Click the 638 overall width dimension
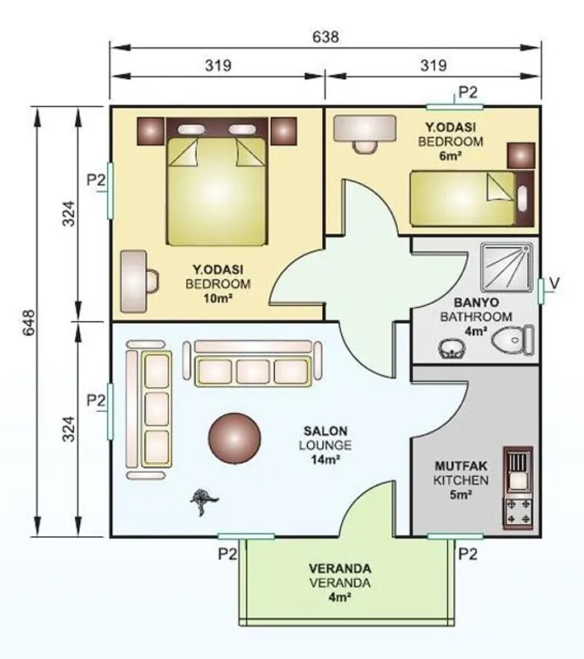click(325, 37)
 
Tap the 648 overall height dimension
click(29, 323)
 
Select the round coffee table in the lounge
click(235, 438)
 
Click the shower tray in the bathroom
click(507, 267)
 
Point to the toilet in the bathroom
click(512, 340)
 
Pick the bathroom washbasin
click(451, 348)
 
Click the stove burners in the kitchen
click(519, 512)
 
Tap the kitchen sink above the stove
click(519, 470)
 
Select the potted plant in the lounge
click(204, 501)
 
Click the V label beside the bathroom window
click(554, 283)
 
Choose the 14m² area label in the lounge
click(325, 460)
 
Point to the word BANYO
click(476, 302)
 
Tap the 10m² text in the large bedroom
click(218, 298)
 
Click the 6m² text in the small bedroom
click(451, 156)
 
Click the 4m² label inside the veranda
click(340, 597)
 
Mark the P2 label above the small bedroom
click(468, 92)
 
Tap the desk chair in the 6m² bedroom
click(364, 147)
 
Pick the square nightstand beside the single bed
click(521, 156)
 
